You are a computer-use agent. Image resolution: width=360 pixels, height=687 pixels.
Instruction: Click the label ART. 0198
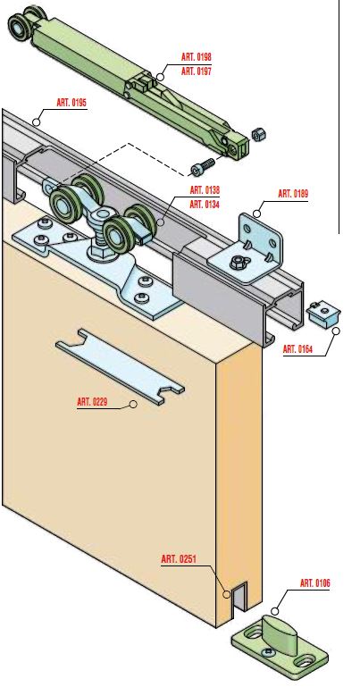197,57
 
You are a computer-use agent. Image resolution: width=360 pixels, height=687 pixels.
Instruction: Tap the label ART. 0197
197,71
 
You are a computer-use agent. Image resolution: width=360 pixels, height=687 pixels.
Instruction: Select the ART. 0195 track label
71,103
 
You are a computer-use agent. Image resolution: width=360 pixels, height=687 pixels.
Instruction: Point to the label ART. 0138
205,190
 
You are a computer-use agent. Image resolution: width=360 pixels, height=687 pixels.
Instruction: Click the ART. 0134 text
205,205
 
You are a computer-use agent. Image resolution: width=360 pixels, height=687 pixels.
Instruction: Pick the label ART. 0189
293,194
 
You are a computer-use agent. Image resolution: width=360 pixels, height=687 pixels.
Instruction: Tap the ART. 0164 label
297,349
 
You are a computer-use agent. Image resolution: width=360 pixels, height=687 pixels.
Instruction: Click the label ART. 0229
92,401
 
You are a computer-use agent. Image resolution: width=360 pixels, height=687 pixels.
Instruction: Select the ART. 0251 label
180,559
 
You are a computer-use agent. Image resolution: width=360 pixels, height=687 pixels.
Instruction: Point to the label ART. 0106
315,583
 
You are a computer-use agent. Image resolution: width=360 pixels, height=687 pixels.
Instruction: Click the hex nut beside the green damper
259,135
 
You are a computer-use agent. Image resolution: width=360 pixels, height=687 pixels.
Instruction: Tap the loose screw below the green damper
203,166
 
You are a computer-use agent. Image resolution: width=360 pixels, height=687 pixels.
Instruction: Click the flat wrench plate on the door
120,366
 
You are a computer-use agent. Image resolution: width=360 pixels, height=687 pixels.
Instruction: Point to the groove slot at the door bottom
239,597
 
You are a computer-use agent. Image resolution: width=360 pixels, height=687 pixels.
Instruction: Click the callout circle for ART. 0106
274,611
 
